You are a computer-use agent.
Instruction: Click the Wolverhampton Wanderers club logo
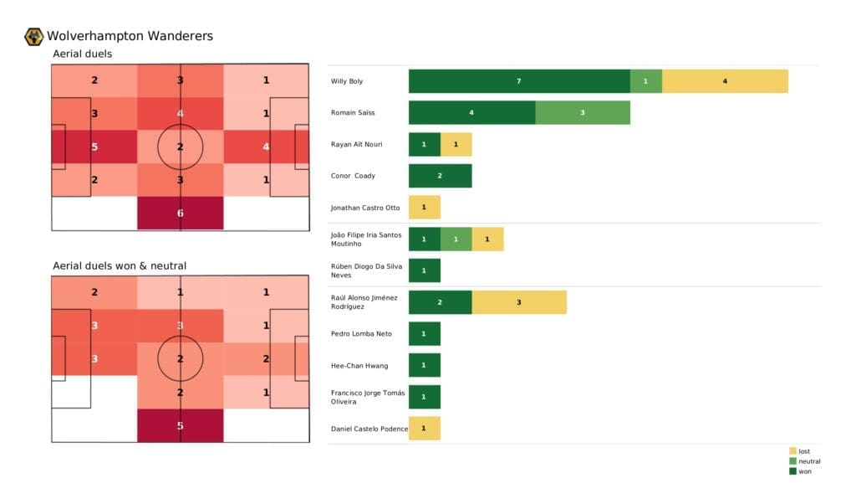(x=34, y=36)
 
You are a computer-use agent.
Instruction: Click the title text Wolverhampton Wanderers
(x=130, y=36)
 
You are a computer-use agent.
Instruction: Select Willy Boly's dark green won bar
(x=519, y=81)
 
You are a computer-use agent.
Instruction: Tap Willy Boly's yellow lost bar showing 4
(x=725, y=81)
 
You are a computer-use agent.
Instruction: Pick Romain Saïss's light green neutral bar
(x=583, y=112)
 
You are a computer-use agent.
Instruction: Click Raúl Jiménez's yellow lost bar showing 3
(x=519, y=302)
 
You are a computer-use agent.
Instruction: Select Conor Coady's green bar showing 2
(x=440, y=176)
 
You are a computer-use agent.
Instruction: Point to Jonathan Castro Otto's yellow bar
(x=424, y=208)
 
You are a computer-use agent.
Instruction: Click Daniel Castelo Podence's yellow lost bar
(x=424, y=429)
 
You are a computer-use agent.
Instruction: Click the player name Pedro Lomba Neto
(x=361, y=334)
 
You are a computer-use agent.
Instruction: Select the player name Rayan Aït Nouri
(x=357, y=144)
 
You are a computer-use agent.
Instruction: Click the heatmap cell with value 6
(x=181, y=213)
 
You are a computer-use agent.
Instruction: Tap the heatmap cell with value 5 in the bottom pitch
(x=181, y=425)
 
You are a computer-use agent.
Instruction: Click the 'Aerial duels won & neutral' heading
(x=120, y=266)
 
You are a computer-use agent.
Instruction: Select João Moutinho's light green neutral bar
(x=456, y=239)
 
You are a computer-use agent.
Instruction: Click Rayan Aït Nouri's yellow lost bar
(x=456, y=144)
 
